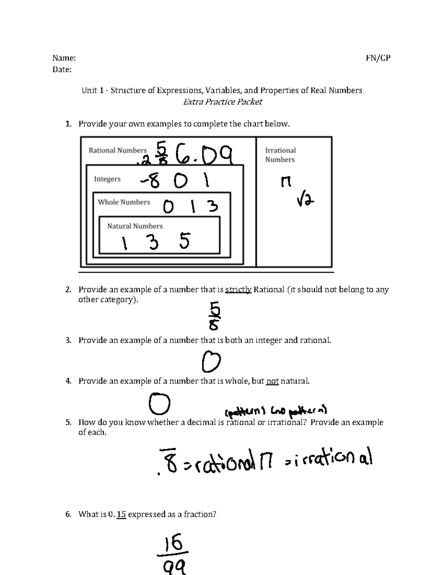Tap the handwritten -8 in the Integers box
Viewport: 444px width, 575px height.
(x=150, y=181)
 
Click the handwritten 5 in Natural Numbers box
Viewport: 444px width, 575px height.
(x=184, y=241)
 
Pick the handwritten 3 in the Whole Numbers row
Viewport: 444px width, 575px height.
(x=212, y=206)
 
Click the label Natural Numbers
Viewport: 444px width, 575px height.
(x=135, y=226)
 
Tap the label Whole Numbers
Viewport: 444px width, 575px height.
(x=124, y=202)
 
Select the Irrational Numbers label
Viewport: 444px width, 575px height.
(x=280, y=155)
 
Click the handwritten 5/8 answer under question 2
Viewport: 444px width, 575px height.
(x=215, y=316)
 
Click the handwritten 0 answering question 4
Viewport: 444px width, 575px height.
(x=159, y=404)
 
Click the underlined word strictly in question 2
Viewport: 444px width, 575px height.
(x=238, y=290)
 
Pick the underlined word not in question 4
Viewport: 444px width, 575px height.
(x=272, y=381)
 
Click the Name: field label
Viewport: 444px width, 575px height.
(x=64, y=58)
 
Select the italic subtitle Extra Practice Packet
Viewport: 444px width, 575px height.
(x=222, y=102)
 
